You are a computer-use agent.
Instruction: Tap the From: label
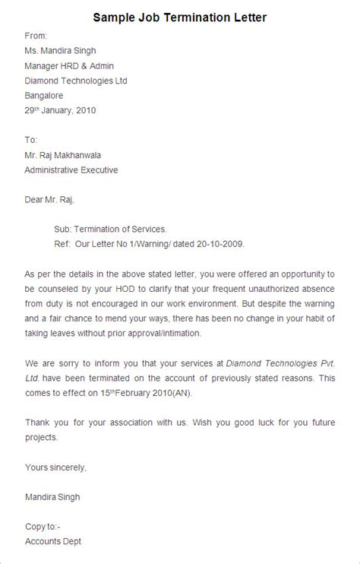pos(36,36)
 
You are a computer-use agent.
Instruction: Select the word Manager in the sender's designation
pos(43,65)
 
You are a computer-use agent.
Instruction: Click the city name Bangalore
pos(44,95)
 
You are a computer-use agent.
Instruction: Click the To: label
pos(31,140)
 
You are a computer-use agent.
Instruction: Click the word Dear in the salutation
pos(35,200)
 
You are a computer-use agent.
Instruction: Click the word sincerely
pos(67,467)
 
